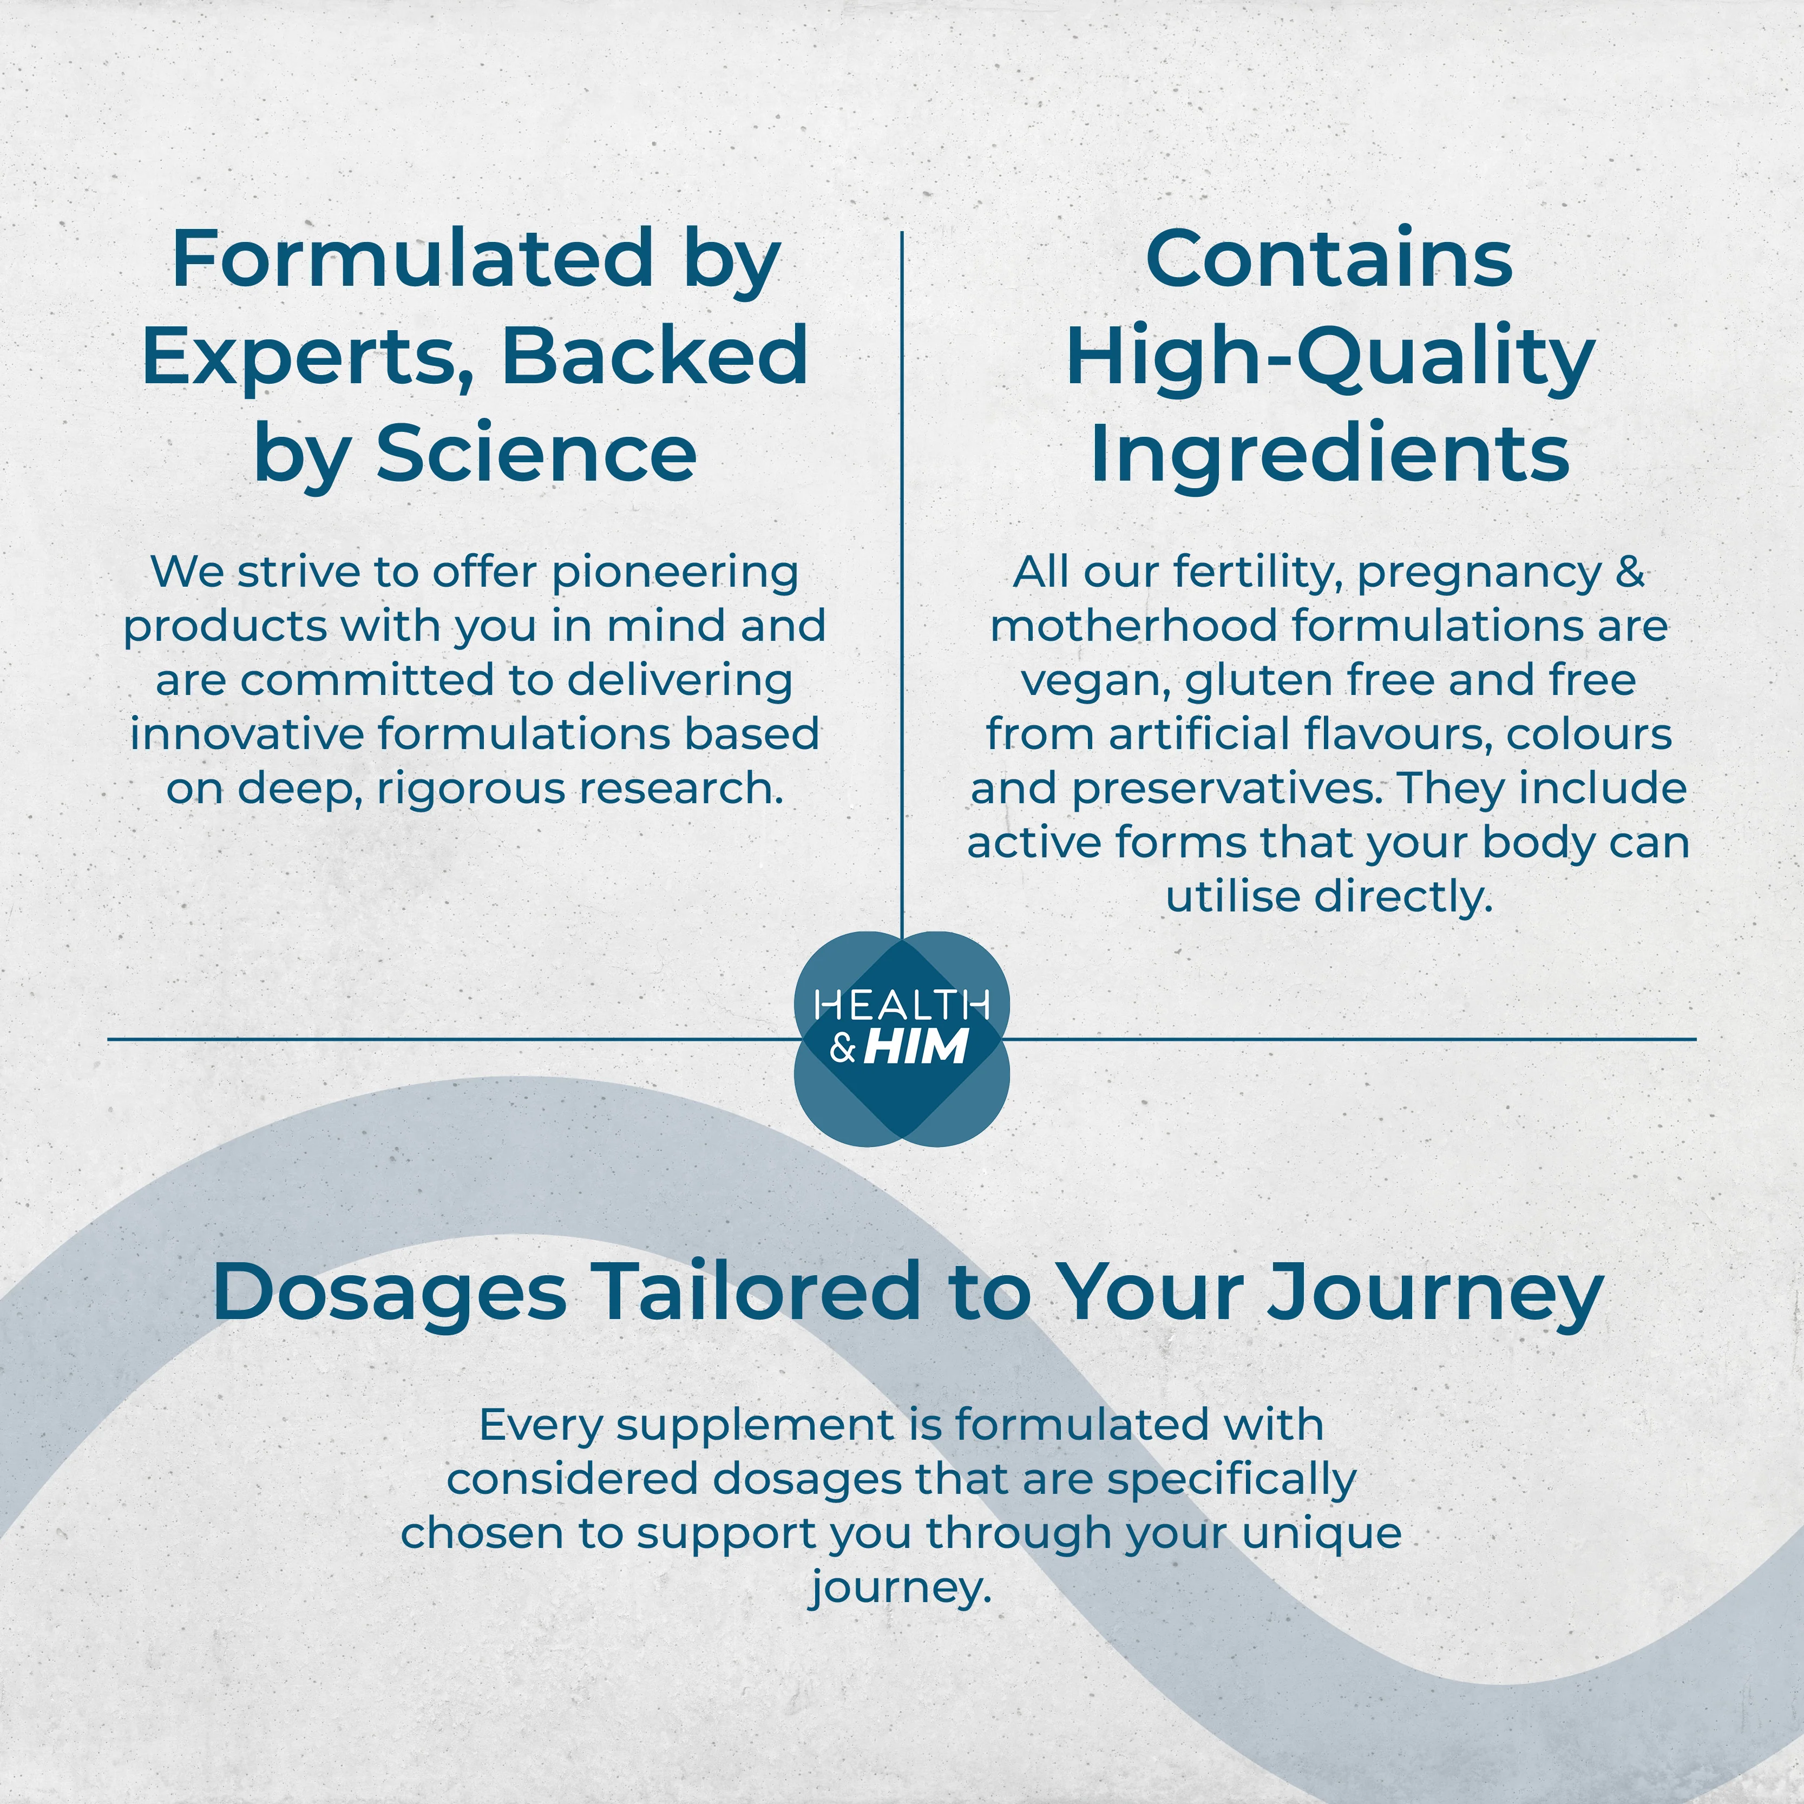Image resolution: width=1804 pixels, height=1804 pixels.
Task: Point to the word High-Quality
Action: [1330, 358]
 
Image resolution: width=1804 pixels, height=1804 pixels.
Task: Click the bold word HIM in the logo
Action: [916, 1047]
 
